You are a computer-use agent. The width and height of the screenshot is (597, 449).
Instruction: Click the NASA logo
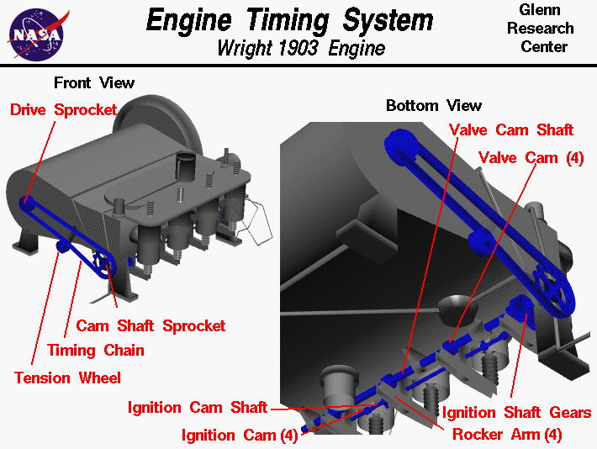(37, 33)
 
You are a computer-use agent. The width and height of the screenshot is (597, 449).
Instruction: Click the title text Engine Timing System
(290, 20)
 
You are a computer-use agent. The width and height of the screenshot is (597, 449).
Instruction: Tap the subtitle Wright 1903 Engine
(300, 48)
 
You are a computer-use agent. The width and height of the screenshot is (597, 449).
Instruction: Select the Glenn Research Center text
(547, 28)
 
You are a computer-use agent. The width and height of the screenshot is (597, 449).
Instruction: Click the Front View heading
(93, 82)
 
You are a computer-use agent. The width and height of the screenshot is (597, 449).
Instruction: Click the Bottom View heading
(433, 105)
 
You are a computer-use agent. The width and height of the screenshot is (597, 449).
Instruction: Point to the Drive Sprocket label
(64, 109)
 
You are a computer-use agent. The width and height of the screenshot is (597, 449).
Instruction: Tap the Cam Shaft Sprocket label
(151, 325)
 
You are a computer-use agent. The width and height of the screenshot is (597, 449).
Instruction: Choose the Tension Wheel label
(67, 378)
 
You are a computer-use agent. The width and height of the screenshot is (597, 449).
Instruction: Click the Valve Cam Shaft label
(510, 129)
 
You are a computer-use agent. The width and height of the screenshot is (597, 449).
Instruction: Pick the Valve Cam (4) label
(530, 157)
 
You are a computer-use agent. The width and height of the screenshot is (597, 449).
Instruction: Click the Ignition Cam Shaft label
(197, 408)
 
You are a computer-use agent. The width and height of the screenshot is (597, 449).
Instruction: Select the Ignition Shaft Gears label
(516, 413)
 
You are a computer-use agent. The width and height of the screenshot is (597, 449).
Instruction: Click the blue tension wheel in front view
(61, 246)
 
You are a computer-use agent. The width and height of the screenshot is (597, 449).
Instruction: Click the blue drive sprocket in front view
(27, 203)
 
